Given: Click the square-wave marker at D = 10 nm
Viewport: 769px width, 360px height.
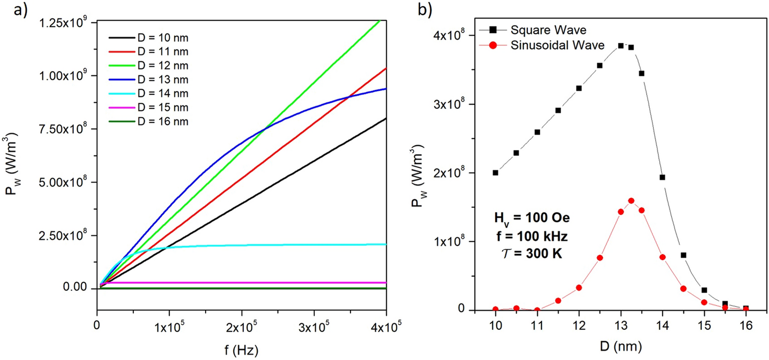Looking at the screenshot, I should pyautogui.click(x=495, y=172).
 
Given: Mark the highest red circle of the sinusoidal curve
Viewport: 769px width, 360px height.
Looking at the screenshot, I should pyautogui.click(x=631, y=201).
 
